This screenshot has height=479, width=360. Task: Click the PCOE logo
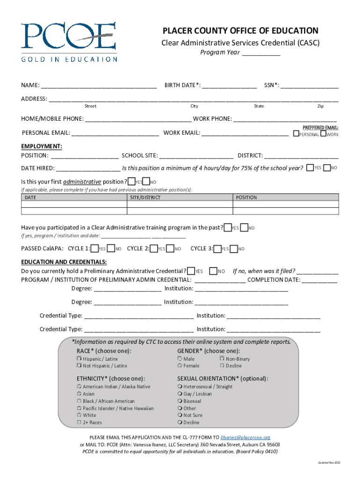coord(69,41)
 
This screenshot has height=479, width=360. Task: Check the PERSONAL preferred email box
coord(296,134)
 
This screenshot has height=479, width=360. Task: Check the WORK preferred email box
coord(323,134)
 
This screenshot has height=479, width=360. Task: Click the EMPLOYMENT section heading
coord(42,146)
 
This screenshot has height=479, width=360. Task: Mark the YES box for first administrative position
coord(132,181)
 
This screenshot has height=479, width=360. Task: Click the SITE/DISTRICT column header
coord(145,197)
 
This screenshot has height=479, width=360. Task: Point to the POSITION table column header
coord(246,197)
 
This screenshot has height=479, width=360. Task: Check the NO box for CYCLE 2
coord(170,248)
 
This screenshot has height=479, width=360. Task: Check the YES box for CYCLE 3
coord(217,248)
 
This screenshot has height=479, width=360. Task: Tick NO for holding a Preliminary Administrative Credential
coord(213,271)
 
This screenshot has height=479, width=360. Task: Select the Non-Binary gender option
coord(222,359)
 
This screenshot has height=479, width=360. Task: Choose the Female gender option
coord(180,366)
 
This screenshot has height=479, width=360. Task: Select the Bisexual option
coord(180,401)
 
